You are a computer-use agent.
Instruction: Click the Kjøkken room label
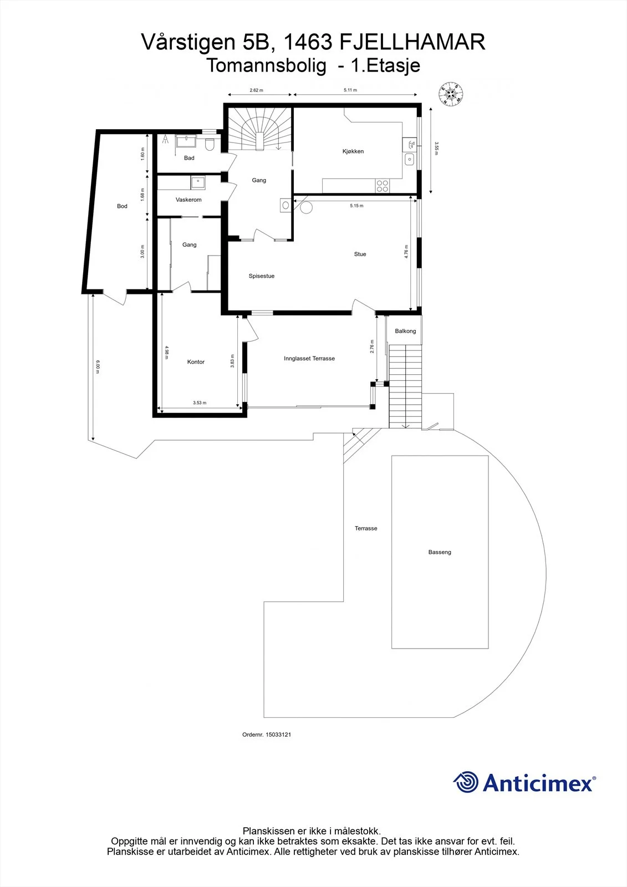tap(353, 151)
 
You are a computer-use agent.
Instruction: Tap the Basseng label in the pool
tap(440, 552)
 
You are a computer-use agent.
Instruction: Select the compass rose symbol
tap(451, 94)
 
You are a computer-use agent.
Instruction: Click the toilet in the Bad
tap(210, 145)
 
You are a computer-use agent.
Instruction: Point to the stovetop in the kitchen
tap(383, 186)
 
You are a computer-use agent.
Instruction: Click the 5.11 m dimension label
tap(350, 90)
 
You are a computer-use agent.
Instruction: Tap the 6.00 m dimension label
tap(98, 366)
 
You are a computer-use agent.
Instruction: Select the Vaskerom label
tap(188, 200)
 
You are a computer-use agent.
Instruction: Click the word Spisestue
tap(262, 276)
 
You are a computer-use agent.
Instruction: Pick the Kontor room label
tap(196, 362)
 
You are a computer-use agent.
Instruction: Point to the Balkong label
tap(405, 331)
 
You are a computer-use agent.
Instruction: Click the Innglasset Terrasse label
tap(309, 358)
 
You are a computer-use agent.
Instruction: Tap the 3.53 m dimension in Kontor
tap(200, 402)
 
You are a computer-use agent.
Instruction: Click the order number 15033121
tap(278, 735)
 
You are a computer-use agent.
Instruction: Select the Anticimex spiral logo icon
tap(466, 782)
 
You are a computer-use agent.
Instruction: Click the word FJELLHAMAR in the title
tap(412, 42)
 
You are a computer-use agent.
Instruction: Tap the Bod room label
tap(122, 206)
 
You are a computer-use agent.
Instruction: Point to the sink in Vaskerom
tap(198, 182)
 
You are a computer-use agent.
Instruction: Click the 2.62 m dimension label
tap(256, 90)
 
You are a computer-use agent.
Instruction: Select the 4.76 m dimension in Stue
tap(406, 252)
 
